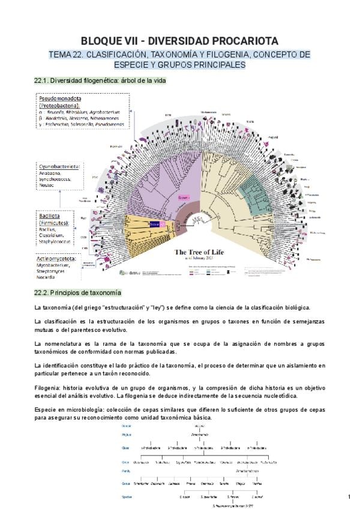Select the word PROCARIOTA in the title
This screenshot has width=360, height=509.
245,41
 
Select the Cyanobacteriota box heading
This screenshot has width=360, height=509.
61,165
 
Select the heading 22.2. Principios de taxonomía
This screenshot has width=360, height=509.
78,292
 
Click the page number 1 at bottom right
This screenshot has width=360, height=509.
349,497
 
